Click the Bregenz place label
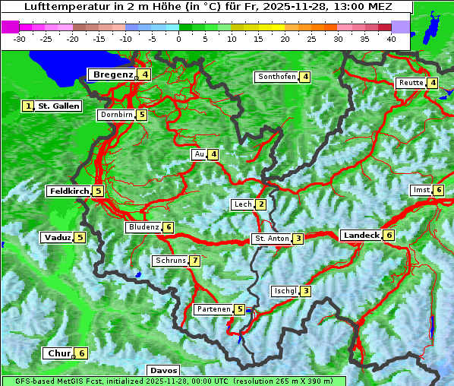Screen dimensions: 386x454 coord(112,74)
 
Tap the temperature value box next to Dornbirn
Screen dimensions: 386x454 coord(142,115)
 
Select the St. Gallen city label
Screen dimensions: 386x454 coord(58,106)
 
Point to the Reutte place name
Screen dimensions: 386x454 coord(411,83)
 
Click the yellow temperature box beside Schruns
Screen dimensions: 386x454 coord(195,261)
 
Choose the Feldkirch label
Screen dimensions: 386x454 coord(69,191)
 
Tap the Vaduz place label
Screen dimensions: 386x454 coord(58,237)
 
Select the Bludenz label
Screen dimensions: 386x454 coord(143,227)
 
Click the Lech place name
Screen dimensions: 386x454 coord(243,204)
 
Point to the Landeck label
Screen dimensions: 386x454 coord(361,236)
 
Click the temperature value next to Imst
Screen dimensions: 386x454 coord(439,190)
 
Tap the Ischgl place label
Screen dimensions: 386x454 coord(285,291)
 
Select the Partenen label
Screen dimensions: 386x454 coord(213,309)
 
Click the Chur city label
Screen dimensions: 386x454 coord(58,353)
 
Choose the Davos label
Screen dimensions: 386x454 coord(163,371)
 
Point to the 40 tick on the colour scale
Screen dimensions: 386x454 coord(391,39)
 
